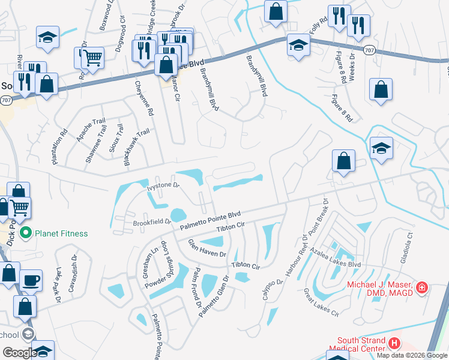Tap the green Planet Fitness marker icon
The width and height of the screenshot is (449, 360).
26,232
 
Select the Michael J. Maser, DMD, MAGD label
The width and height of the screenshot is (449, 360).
381,287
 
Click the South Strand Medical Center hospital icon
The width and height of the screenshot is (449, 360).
394,344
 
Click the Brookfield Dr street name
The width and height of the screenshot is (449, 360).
151,222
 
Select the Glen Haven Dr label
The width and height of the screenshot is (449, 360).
207,247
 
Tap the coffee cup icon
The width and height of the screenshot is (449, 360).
31,280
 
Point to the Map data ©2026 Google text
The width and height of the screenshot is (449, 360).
411,355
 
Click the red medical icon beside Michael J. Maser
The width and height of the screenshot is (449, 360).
422,288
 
